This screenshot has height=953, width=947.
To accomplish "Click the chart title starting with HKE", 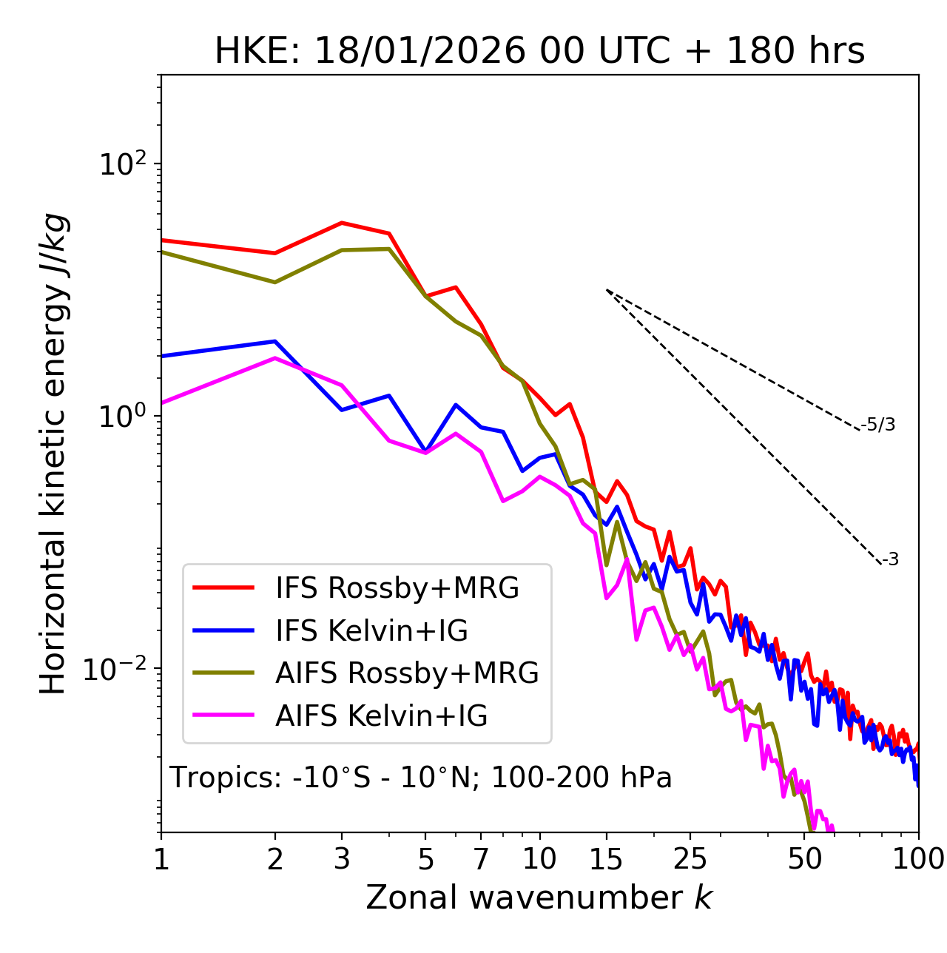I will (x=539, y=51).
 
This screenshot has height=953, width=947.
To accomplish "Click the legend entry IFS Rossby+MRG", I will (x=397, y=588).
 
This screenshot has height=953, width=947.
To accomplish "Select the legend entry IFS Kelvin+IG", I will (x=371, y=631).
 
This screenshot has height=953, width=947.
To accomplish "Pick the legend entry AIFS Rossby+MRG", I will (x=407, y=673).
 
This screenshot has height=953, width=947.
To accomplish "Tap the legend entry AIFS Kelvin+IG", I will (x=381, y=716).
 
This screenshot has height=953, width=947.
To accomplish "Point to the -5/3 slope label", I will (x=878, y=425).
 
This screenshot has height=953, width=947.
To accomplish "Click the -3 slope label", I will (x=890, y=559).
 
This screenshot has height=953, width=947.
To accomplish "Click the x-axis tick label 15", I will (x=605, y=859).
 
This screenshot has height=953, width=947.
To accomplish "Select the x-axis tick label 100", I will (x=918, y=859).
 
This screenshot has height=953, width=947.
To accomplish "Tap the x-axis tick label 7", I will (x=481, y=859).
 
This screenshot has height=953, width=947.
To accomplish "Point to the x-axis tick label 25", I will (x=690, y=859).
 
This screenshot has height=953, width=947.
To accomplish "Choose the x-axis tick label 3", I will (x=341, y=859).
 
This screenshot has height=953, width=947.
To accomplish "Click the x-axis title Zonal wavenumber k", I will (x=539, y=898).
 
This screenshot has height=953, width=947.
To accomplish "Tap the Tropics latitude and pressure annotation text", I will (x=421, y=778).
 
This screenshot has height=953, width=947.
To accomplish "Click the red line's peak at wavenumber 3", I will (x=341, y=223).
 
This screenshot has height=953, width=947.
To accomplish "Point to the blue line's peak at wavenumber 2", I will (x=275, y=341).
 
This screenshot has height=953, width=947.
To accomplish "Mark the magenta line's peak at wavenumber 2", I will (x=275, y=358).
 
